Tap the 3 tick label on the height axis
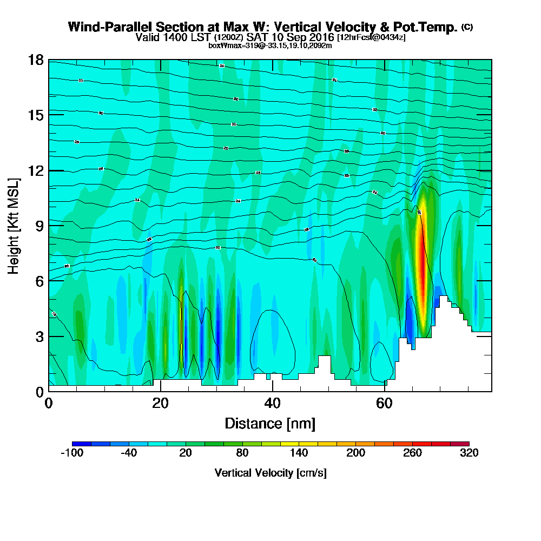tap(39, 337)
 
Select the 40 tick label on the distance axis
tap(272, 403)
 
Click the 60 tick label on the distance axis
tap(384, 403)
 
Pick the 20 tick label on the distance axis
tap(160, 403)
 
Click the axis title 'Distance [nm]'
tap(270, 423)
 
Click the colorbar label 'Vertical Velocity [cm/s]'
tap(270, 473)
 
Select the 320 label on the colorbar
tap(469, 453)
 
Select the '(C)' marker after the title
tap(467, 27)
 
